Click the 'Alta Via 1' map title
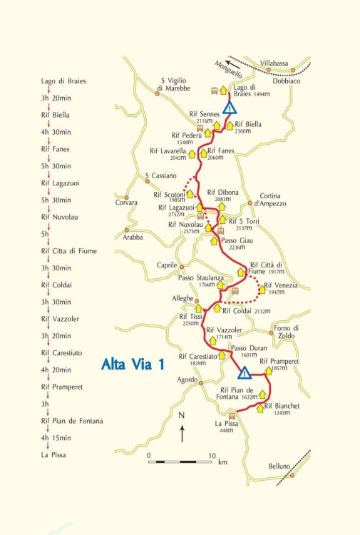pos(133,365)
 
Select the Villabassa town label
pos(274,63)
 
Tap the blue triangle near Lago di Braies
pos(230,108)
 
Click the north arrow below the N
pos(182,432)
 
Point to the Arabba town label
pos(133,238)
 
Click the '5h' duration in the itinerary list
pos(46,234)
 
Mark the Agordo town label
pos(187,380)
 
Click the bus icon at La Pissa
pos(231,414)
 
